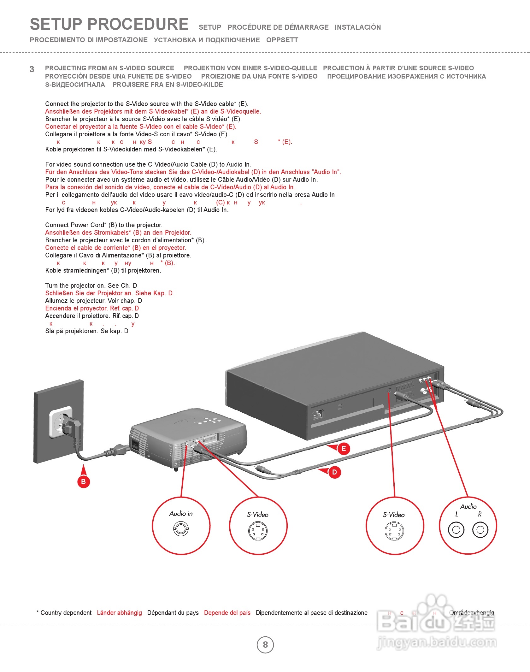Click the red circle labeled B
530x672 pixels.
[84, 481]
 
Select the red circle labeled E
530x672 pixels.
[344, 449]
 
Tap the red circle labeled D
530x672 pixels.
[334, 472]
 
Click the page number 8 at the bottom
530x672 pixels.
[265, 645]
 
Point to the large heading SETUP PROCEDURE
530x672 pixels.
[109, 24]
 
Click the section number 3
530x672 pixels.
[32, 69]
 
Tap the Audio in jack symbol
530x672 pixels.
[181, 528]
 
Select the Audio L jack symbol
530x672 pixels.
[456, 530]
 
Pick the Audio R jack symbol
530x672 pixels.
[480, 530]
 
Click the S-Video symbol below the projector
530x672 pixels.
[258, 531]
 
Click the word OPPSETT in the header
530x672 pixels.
[282, 40]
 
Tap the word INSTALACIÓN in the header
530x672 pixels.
[358, 27]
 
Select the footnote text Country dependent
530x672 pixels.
[66, 613]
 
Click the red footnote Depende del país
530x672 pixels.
[227, 613]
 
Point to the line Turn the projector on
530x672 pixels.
[91, 286]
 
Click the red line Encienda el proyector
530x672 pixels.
[92, 308]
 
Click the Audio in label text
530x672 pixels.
[181, 514]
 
